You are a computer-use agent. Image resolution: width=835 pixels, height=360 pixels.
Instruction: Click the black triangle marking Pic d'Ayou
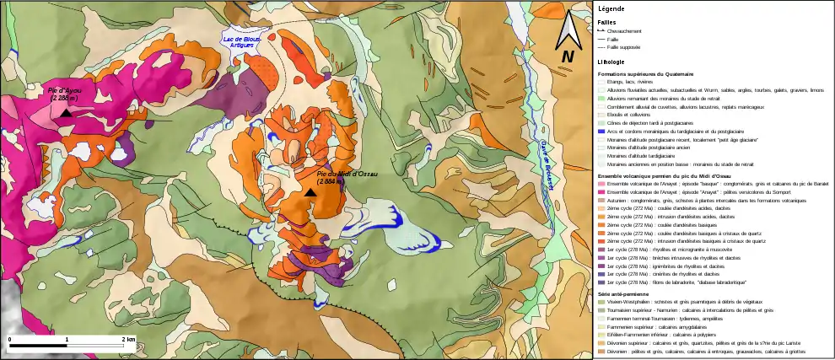[x=65, y=113]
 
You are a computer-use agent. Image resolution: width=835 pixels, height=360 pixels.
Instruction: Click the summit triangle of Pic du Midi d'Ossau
[x=310, y=193]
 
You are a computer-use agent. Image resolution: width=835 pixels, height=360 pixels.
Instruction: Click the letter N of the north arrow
[x=568, y=56]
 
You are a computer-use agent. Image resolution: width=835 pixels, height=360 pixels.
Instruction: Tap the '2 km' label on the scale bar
[x=128, y=338]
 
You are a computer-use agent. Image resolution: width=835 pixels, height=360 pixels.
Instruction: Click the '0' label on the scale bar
[x=9, y=338]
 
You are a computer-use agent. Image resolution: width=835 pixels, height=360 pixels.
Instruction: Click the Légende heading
[x=611, y=8]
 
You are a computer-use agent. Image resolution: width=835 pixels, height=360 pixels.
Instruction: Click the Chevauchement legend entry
[x=624, y=31]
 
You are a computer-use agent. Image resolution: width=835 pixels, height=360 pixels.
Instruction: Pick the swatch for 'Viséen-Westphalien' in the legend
[x=601, y=301]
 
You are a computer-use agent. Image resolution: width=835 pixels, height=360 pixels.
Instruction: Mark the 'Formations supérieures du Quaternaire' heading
[x=651, y=74]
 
